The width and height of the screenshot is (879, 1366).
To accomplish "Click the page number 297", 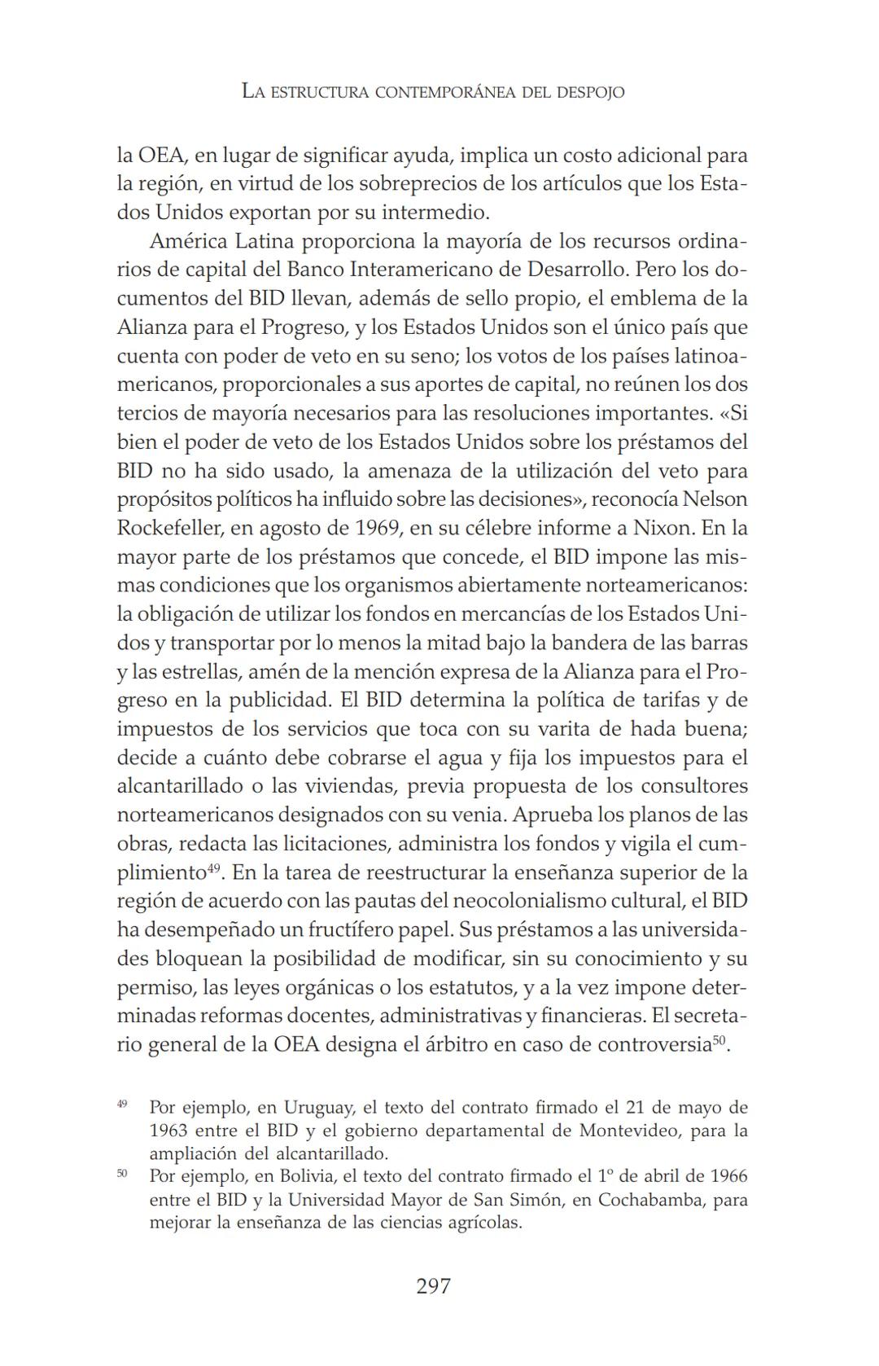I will (433, 1286).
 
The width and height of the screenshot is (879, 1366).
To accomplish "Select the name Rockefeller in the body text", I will (169, 528).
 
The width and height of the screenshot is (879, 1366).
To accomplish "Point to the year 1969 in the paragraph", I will (378, 528).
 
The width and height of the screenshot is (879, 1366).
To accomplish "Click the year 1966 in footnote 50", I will (728, 1176).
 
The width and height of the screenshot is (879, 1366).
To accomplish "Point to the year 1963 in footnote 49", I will (168, 1131).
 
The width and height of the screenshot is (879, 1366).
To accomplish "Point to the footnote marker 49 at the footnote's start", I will (122, 1105).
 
